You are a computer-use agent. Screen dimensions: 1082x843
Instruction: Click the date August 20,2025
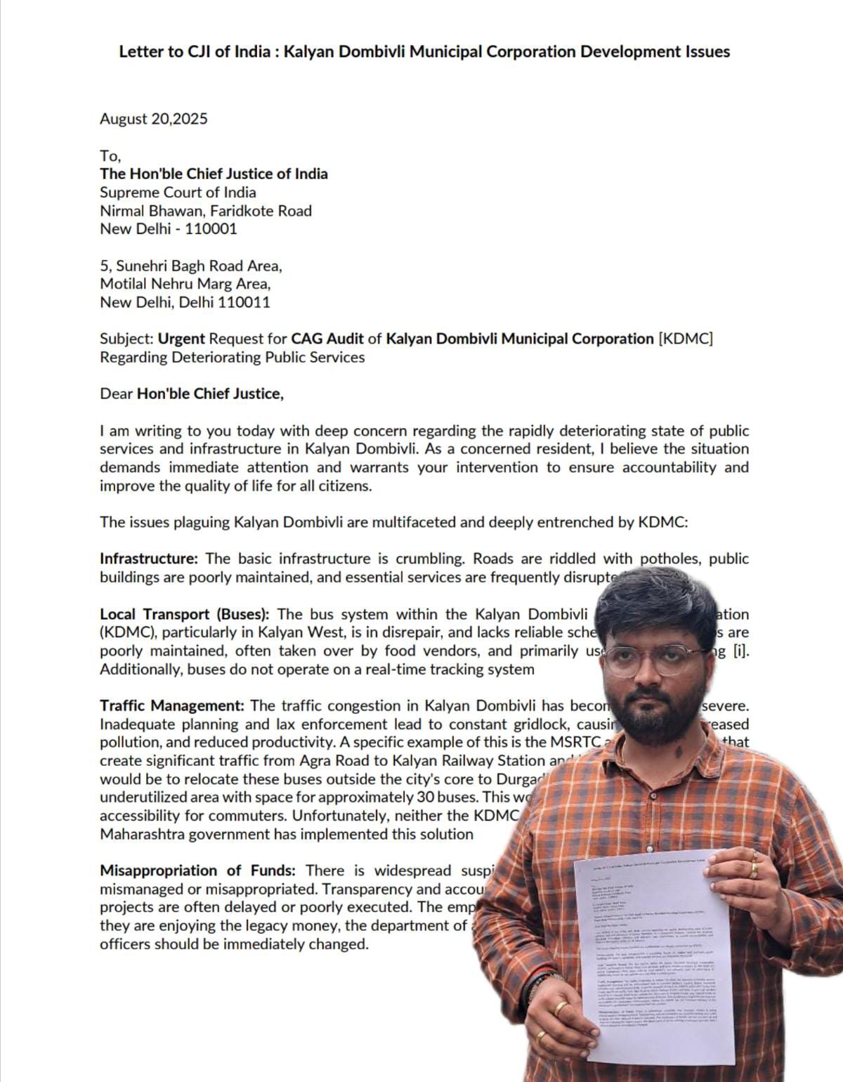point(153,119)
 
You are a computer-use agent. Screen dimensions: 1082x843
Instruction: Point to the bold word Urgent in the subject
point(181,339)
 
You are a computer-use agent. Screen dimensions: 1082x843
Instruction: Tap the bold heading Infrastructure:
point(149,559)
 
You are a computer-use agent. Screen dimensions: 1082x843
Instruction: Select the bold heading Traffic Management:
point(172,705)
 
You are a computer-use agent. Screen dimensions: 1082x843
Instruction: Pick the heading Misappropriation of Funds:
point(197,871)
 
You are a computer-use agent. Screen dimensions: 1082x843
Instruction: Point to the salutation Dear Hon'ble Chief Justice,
point(192,393)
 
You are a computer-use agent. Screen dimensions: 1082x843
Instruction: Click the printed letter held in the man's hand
point(653,956)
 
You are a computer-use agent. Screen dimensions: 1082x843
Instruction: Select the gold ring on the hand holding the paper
point(753,870)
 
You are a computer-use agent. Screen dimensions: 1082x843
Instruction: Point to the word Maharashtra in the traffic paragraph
point(145,834)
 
